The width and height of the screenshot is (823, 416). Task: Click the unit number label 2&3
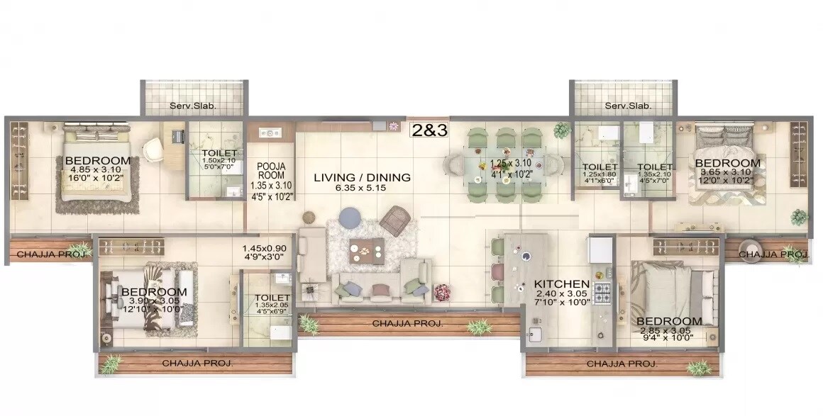coord(429,130)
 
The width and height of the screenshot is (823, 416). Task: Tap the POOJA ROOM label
coord(272,172)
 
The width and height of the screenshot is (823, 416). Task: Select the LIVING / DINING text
coord(363,177)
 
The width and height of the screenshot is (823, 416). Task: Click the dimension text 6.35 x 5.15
coord(363,189)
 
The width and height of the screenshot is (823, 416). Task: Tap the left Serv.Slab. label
coord(192,106)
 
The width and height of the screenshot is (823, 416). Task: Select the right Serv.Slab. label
coord(627,106)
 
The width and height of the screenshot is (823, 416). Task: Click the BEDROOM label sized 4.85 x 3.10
coord(98,160)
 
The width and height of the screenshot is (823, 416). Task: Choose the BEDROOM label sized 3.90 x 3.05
coord(154,292)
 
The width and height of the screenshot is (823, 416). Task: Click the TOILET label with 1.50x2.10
coord(214,152)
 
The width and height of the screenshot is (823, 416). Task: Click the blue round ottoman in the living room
coord(350,217)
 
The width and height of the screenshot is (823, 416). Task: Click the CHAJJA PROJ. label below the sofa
coord(409,323)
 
